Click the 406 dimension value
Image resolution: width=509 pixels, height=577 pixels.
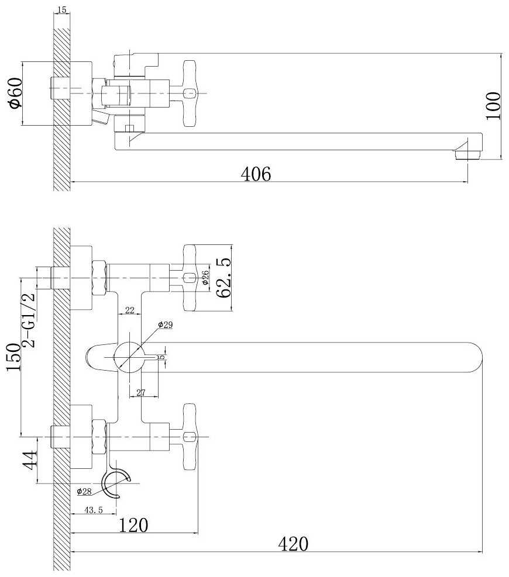coord(257,174)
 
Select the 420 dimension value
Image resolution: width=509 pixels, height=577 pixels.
coord(293,544)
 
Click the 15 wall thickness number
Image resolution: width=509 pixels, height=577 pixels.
coord(62,10)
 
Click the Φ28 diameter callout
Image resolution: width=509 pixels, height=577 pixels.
coord(85,491)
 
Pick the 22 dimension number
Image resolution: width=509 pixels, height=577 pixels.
coord(130,310)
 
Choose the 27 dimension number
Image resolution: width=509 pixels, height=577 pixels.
coord(140,393)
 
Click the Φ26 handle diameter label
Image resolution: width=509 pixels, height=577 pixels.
coord(206,278)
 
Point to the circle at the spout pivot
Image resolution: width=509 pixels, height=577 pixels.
coord(129,356)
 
